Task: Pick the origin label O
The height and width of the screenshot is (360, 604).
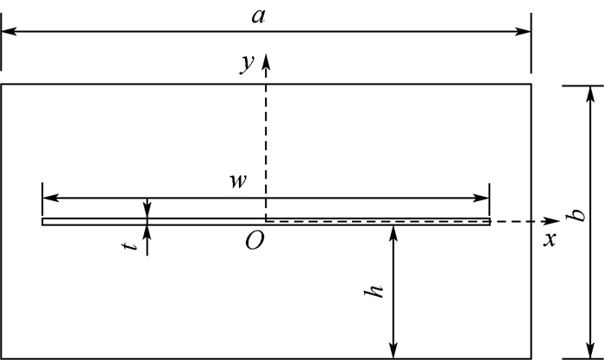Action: pyautogui.click(x=254, y=241)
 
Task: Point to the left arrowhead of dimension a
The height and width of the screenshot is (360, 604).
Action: pyautogui.click(x=8, y=32)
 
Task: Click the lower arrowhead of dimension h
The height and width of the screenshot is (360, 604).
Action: pyautogui.click(x=393, y=352)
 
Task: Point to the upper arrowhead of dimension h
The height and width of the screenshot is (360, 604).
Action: pyautogui.click(x=393, y=231)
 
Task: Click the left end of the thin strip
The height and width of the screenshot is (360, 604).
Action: pyautogui.click(x=43, y=221)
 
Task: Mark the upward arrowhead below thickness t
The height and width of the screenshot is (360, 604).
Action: pyautogui.click(x=148, y=231)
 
